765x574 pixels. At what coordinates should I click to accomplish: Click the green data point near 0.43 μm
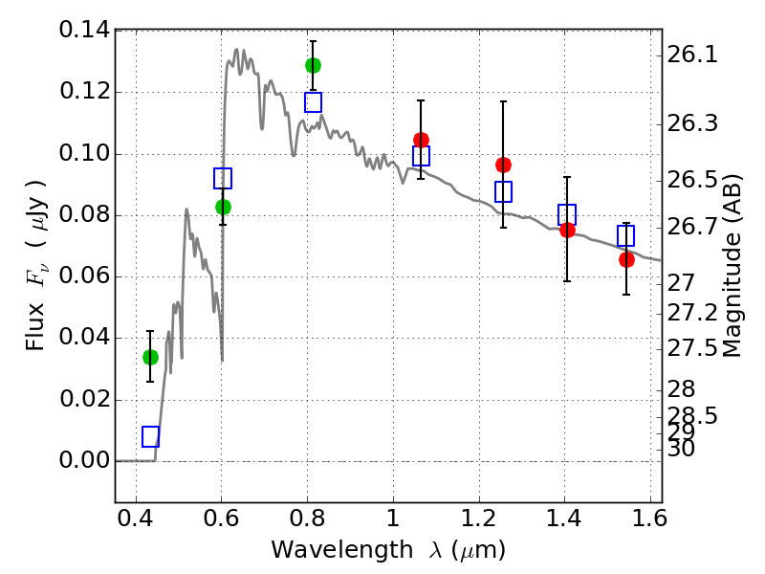point(150,357)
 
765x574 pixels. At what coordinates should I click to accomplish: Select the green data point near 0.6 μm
point(223,207)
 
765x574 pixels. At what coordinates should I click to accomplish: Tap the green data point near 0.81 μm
point(313,65)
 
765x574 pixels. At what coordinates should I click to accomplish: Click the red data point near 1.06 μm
point(421,140)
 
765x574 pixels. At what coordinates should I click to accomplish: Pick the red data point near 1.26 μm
point(503,165)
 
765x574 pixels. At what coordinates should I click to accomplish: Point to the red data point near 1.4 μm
point(567,230)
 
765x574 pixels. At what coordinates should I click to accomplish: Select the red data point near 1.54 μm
point(626,259)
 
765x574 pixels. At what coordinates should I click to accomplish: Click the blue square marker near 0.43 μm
point(150,436)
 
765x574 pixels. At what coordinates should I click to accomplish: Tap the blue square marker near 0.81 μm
point(313,102)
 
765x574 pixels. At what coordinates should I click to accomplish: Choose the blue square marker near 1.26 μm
point(503,191)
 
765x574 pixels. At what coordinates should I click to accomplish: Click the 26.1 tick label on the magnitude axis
point(693,55)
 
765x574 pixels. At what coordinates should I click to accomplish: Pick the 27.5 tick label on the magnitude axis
point(693,348)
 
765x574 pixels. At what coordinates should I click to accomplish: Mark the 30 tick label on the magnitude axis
point(683,448)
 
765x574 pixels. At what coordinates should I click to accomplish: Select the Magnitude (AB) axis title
point(733,265)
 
